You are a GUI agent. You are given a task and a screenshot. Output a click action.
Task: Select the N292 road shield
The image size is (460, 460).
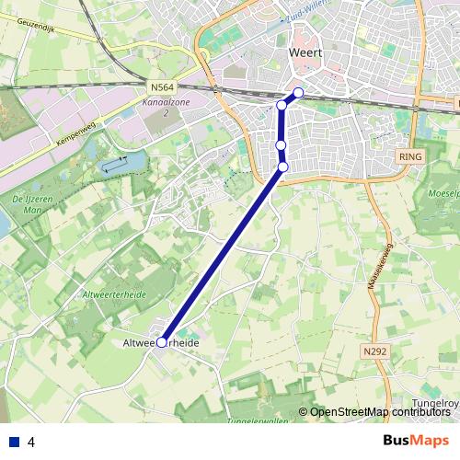coord(374,351)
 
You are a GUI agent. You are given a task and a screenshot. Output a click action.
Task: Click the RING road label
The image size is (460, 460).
coord(409,157)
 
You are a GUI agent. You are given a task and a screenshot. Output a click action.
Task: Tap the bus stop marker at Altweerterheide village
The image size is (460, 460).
coord(162,341)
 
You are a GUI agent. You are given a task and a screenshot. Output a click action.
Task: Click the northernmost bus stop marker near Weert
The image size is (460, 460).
coord(298,93)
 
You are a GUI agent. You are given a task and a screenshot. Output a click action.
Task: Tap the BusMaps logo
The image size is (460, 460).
coord(417,440)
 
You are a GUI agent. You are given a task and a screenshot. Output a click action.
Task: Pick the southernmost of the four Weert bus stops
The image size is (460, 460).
coord(283,166)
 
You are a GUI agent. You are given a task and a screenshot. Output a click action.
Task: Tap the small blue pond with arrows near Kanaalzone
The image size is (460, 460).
coord(115,166)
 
